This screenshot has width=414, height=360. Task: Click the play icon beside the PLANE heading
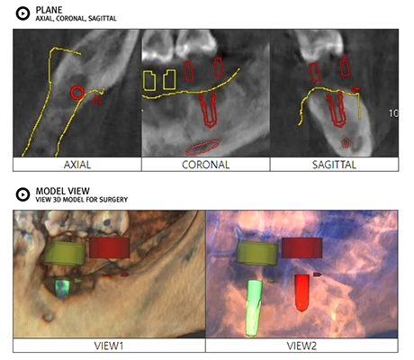pos(22,13)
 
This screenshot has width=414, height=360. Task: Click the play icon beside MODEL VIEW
pos(22,194)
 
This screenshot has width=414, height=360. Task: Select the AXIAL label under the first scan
pos(77,165)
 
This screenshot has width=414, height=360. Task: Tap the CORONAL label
pos(206,165)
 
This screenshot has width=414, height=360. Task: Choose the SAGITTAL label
pos(334,165)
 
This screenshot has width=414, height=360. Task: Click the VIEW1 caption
pos(109,346)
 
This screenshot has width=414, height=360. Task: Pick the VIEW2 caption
pos(301,346)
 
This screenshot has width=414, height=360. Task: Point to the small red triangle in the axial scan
pos(97,100)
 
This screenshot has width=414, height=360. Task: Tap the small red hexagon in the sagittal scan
pos(346,143)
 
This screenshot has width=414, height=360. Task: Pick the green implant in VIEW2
pos(254,308)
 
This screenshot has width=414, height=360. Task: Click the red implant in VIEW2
pos(301,292)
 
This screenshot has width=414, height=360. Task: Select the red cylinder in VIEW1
pos(110,247)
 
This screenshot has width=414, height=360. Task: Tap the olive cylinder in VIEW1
pos(65,254)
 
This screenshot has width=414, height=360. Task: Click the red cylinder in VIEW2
pos(301,247)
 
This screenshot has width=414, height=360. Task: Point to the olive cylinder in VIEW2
pos(257,254)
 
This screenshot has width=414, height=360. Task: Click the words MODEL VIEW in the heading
pos(62,191)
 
